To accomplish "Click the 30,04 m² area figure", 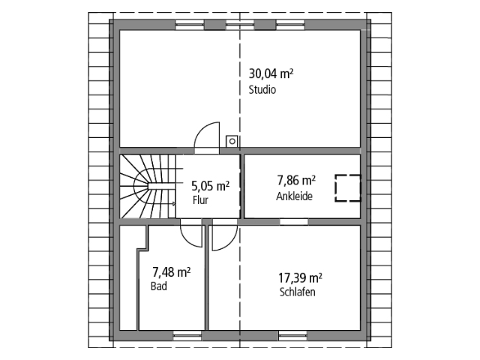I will pyautogui.click(x=270, y=73).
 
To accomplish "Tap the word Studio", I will pyautogui.click(x=262, y=90).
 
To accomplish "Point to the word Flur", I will pyautogui.click(x=199, y=201).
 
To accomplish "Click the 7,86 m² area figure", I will pyautogui.click(x=295, y=181).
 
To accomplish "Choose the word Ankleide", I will pyautogui.click(x=294, y=196).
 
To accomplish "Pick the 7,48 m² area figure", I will pyautogui.click(x=171, y=272).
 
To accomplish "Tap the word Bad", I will pyautogui.click(x=158, y=286).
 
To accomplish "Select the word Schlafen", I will pyautogui.click(x=297, y=292).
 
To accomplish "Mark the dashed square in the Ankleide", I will pyautogui.click(x=347, y=187).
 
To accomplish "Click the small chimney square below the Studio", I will pyautogui.click(x=233, y=139).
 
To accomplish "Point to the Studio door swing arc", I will pyautogui.click(x=204, y=137).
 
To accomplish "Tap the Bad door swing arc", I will pyautogui.click(x=191, y=235).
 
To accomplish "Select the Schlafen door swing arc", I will pyautogui.click(x=223, y=236).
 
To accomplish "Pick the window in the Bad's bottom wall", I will pyautogui.click(x=187, y=334).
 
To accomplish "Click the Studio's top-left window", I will pyautogui.click(x=190, y=24).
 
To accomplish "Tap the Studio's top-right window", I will pyautogui.click(x=289, y=24).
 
